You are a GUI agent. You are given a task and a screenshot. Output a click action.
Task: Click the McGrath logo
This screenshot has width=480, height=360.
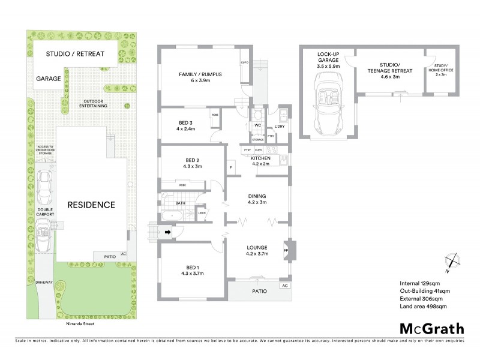(431, 328)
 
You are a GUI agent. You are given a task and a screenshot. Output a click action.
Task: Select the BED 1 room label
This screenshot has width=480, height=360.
(191, 269)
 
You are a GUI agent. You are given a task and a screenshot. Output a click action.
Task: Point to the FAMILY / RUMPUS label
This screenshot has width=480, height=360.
(200, 77)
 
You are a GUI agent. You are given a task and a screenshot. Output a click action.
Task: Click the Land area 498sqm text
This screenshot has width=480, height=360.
(423, 307)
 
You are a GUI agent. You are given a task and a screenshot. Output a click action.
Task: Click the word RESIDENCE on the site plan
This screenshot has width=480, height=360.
(91, 205)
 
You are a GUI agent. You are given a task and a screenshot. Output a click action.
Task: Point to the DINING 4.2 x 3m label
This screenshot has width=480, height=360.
(257, 199)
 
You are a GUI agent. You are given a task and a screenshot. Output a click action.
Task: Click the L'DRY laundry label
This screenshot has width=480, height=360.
(279, 126)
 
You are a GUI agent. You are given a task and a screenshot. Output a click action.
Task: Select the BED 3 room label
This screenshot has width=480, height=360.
(186, 125)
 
